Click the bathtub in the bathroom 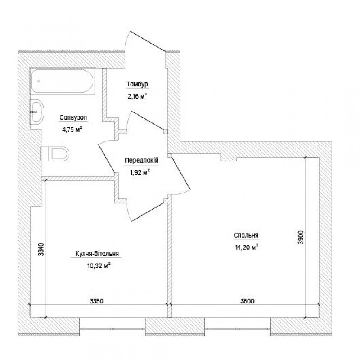point(62,81)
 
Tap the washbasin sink point(37,112)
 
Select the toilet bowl point(55,153)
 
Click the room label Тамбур point(137,85)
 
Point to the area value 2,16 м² point(137,96)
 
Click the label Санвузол point(73,118)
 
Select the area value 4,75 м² point(72,130)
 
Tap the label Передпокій point(141,160)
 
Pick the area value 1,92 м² point(140,172)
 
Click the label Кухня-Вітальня point(97,253)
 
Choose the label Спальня point(246,235)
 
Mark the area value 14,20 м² point(247,247)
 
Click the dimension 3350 point(96,301)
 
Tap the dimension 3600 point(247,301)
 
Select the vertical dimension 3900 point(301,237)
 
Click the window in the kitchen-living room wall point(112,329)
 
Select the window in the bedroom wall point(238,329)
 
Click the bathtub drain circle point(39,81)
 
